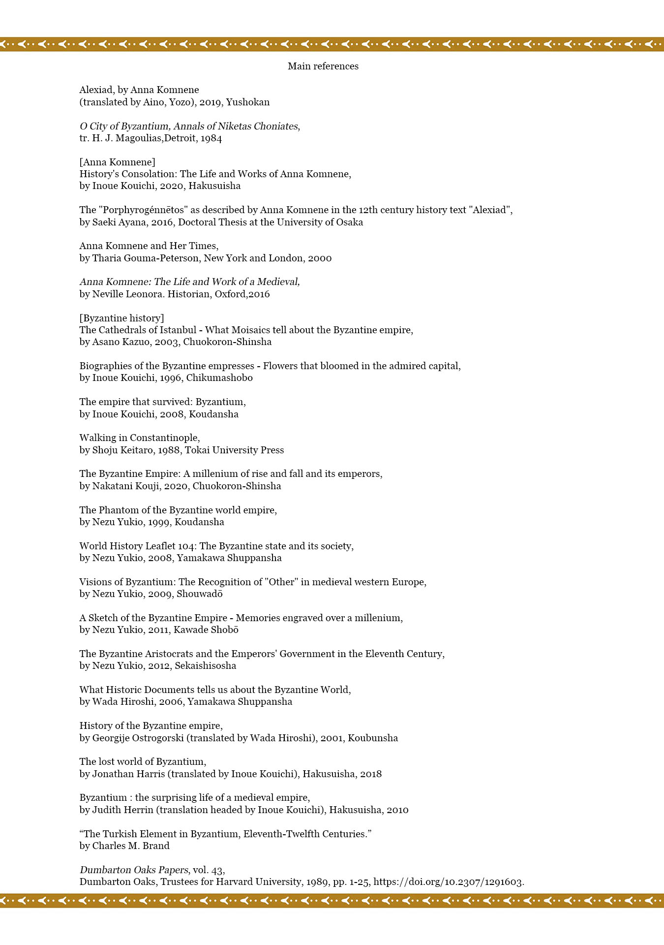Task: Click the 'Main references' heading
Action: (x=323, y=66)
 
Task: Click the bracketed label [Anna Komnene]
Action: (x=117, y=162)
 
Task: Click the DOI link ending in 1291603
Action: (x=449, y=882)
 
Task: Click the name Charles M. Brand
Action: (x=131, y=846)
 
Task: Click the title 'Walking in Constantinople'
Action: (x=139, y=438)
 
